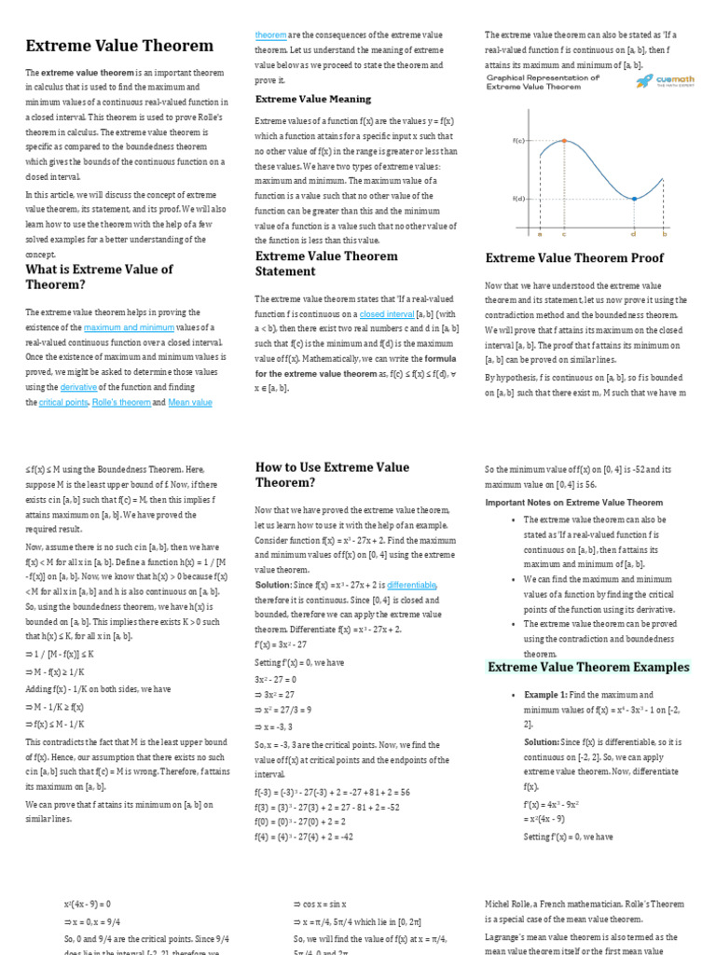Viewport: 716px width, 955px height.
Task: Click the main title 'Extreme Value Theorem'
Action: [x=119, y=46]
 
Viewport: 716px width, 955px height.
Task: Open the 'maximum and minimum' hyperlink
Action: [x=129, y=327]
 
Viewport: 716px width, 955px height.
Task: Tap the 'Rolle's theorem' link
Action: [x=121, y=402]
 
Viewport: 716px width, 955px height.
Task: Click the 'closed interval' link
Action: [x=387, y=314]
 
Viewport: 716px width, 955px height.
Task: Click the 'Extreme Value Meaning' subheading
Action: [x=313, y=99]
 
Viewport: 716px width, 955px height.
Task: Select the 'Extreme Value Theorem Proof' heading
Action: [x=574, y=257]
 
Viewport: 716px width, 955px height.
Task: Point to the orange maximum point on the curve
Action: [x=563, y=141]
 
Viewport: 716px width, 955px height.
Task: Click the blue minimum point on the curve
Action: [x=634, y=199]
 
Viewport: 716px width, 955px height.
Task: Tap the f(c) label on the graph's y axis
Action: [x=518, y=141]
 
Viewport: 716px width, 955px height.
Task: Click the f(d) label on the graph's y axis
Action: [x=518, y=199]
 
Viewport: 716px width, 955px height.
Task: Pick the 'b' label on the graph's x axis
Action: [x=664, y=235]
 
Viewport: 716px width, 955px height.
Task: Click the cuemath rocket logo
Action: [x=644, y=83]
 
